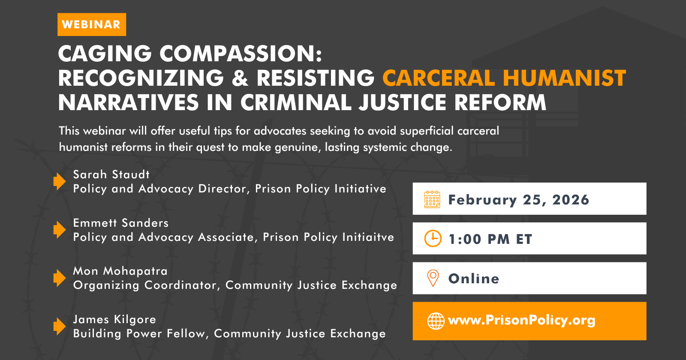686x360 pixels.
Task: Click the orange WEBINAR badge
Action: tap(92, 24)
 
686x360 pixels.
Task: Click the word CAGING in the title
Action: tap(105, 54)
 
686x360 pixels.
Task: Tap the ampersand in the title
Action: tap(240, 78)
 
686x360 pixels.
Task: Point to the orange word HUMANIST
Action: tap(564, 78)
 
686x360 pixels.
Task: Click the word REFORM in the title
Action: tap(500, 102)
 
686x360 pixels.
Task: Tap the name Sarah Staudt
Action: tap(111, 174)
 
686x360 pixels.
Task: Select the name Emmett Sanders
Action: tap(120, 223)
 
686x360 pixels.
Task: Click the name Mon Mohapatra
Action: tap(120, 271)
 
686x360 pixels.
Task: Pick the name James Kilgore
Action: tap(114, 319)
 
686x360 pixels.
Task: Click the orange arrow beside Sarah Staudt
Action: tap(60, 181)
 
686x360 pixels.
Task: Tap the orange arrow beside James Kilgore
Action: tap(60, 326)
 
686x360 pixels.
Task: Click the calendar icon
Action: tap(432, 199)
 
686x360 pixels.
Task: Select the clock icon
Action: tap(433, 238)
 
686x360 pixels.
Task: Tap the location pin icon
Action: tap(433, 278)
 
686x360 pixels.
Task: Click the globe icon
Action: tap(436, 321)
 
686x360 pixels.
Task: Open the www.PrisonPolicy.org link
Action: tap(521, 321)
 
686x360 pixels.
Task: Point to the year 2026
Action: tap(571, 200)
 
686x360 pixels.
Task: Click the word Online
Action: tap(474, 279)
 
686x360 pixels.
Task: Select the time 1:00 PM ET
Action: tap(490, 239)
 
